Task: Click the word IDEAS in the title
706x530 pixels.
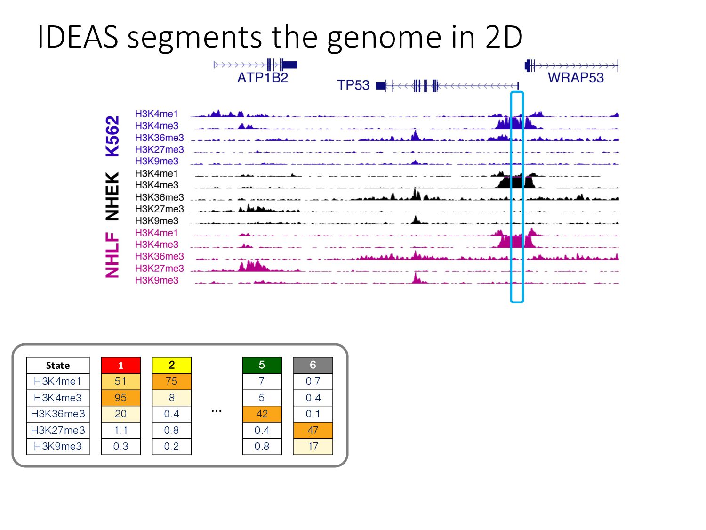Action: click(x=77, y=37)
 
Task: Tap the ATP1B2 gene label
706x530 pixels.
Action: click(x=262, y=78)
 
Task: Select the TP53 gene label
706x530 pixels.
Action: click(x=353, y=85)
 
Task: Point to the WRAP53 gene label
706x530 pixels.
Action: click(x=575, y=78)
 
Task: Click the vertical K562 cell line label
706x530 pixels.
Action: click(x=112, y=136)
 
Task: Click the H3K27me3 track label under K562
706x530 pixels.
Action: click(x=159, y=149)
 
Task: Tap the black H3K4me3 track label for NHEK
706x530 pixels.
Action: click(x=157, y=185)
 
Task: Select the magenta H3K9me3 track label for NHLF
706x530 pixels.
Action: click(x=157, y=280)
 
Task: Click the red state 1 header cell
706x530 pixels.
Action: click(x=120, y=365)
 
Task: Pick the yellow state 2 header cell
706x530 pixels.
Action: click(x=171, y=365)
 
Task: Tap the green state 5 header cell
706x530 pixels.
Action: click(x=262, y=365)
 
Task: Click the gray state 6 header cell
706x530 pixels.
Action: click(x=313, y=365)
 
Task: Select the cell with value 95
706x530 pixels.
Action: click(x=120, y=398)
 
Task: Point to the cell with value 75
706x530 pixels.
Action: click(x=171, y=382)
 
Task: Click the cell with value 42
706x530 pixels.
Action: click(x=262, y=414)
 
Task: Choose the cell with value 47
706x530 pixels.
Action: click(x=313, y=430)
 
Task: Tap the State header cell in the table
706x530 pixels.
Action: click(x=58, y=365)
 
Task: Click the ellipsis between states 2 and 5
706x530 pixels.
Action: click(x=217, y=411)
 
